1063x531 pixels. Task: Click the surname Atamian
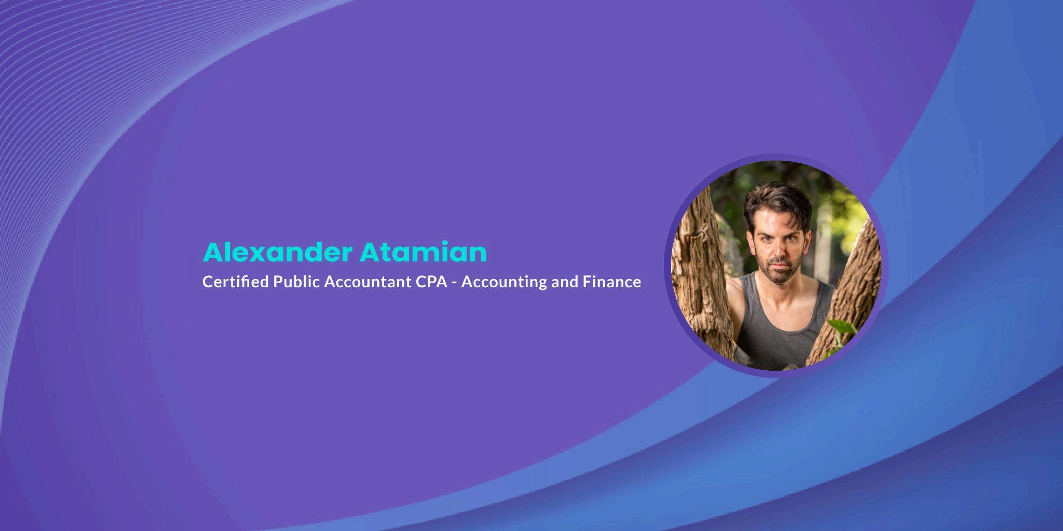424,253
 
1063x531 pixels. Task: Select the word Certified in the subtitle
236,282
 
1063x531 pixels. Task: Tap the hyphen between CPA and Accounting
455,283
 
